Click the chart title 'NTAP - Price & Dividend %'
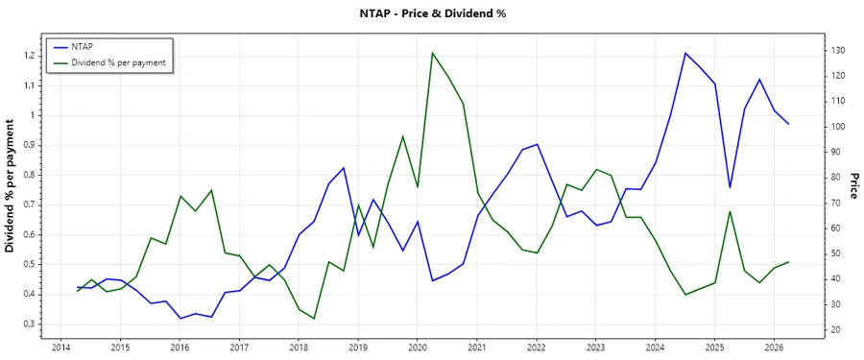pyautogui.click(x=431, y=13)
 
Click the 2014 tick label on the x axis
pyautogui.click(x=60, y=348)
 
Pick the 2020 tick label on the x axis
pyautogui.click(x=417, y=348)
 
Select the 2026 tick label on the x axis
pyautogui.click(x=774, y=348)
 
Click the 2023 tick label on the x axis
pyautogui.click(x=595, y=348)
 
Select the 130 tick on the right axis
pyautogui.click(x=838, y=50)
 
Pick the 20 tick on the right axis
pyautogui.click(x=836, y=329)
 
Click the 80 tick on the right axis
pyautogui.click(x=836, y=177)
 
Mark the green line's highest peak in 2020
pyautogui.click(x=432, y=53)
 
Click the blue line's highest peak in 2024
pyautogui.click(x=685, y=53)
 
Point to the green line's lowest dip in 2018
pyautogui.click(x=314, y=319)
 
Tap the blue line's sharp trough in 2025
pyautogui.click(x=730, y=187)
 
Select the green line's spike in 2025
pyautogui.click(x=730, y=211)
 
